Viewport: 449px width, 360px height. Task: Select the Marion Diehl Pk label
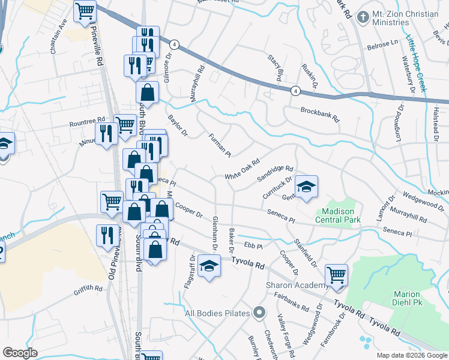[410, 298]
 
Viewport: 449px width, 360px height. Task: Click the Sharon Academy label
[292, 286]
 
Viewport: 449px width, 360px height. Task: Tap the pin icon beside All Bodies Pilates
[259, 313]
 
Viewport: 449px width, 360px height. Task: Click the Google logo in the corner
[20, 353]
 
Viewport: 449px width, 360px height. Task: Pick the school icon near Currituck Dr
[306, 187]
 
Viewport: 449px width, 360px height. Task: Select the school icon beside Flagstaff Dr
[209, 266]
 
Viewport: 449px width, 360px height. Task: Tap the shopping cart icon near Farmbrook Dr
[337, 275]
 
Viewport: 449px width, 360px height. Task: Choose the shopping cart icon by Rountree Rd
[125, 125]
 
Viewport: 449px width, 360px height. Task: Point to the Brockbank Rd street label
[320, 115]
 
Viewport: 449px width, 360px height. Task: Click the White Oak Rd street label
[243, 169]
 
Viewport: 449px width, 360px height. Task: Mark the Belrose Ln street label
[382, 45]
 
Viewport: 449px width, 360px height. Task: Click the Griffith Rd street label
[89, 289]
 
